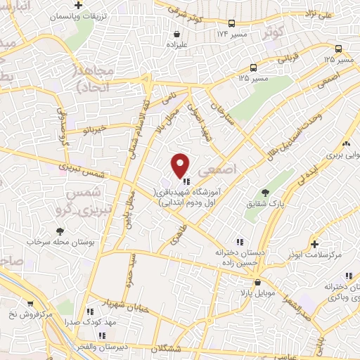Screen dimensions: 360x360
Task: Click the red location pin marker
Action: (x=181, y=165)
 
